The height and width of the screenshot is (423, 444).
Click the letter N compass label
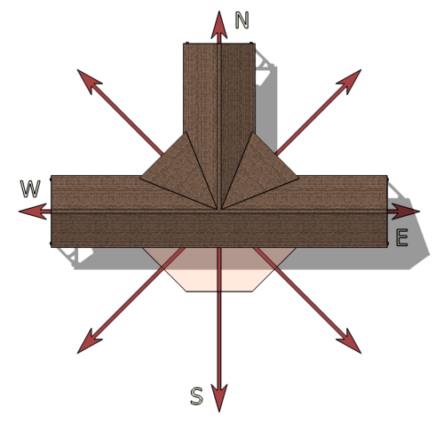click(x=242, y=20)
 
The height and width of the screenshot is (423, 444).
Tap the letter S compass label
click(x=196, y=396)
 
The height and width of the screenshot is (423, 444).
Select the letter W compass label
click(x=30, y=188)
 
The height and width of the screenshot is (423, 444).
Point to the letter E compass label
click(x=402, y=237)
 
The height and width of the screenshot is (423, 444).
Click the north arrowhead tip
click(x=219, y=12)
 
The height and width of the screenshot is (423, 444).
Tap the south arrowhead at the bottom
click(x=219, y=398)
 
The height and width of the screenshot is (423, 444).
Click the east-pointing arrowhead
click(x=406, y=211)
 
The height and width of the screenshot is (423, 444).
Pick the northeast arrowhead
click(x=351, y=80)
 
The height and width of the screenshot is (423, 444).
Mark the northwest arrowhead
click(x=88, y=80)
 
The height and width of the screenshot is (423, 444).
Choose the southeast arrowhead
click(x=351, y=343)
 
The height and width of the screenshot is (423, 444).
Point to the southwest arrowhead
click(x=88, y=343)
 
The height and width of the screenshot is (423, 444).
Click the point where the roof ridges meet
click(x=219, y=211)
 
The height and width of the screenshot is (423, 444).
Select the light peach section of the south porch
click(x=219, y=281)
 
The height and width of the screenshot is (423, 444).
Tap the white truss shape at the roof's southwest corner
click(x=74, y=255)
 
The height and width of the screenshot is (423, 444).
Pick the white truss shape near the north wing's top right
click(x=264, y=68)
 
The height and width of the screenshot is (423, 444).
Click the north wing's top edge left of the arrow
click(x=201, y=44)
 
